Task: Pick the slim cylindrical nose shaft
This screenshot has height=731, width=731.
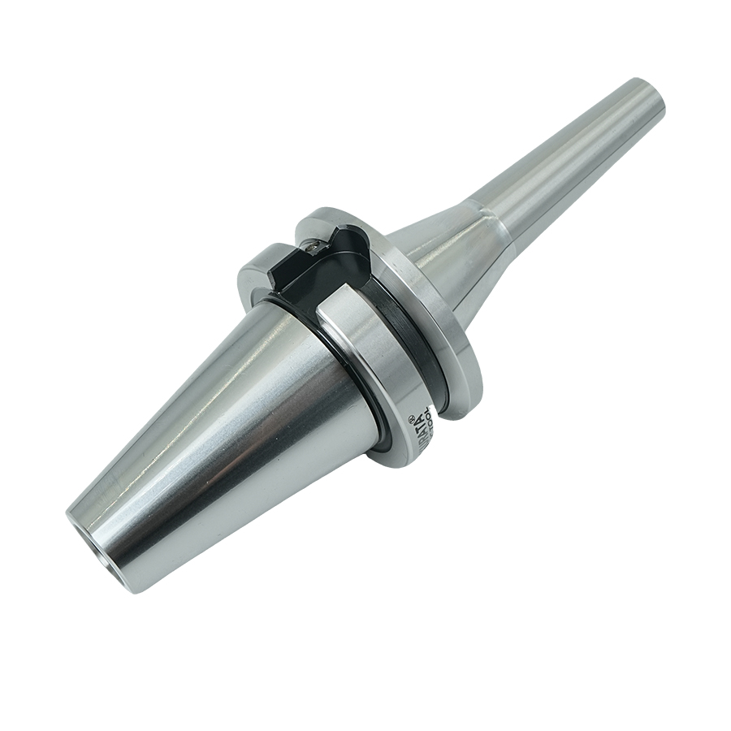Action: click(569, 154)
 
